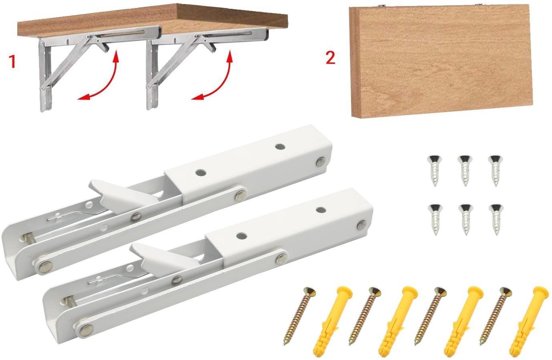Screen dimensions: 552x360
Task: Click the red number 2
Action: (330, 58)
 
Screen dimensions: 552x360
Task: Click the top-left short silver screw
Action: (435, 170)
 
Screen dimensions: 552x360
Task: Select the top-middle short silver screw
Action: (465, 170)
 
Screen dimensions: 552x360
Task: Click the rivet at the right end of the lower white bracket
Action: (361, 225)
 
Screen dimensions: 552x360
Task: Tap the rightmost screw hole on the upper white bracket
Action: (279, 147)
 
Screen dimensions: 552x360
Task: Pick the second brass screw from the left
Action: (365, 316)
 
